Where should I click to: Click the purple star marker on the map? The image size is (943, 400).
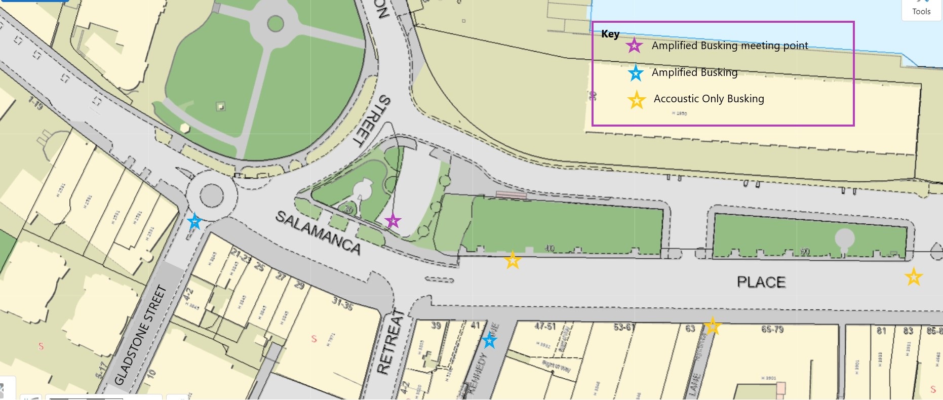tap(392, 221)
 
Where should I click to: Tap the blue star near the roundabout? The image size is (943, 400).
tap(194, 221)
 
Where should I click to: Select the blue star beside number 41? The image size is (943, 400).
tap(489, 340)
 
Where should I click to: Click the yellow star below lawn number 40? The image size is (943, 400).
tap(513, 260)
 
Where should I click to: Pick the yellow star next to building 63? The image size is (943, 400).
tap(713, 326)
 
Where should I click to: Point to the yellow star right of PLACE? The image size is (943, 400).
tap(914, 277)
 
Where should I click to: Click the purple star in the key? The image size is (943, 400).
tap(634, 46)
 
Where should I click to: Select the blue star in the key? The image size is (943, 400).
tap(636, 73)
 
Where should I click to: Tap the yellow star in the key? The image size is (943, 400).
tap(637, 100)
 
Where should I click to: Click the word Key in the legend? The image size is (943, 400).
tap(610, 34)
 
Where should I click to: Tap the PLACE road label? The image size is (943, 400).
tap(761, 282)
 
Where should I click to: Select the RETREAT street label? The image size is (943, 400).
tap(391, 342)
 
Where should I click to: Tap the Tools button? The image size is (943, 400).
tap(921, 10)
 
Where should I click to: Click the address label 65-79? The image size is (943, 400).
tap(772, 330)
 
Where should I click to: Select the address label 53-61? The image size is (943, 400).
tap(624, 327)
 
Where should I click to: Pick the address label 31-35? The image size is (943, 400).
tap(342, 303)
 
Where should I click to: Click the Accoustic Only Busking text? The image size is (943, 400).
tap(709, 99)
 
